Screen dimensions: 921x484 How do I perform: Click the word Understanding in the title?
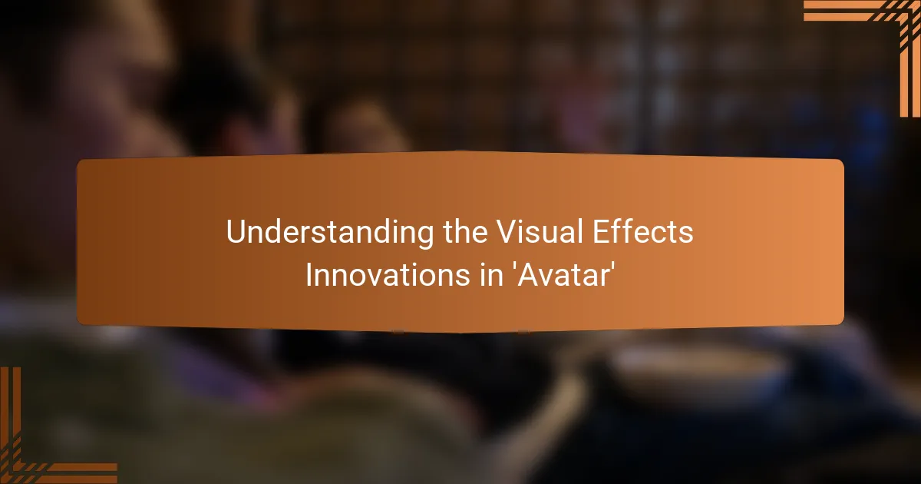(330, 233)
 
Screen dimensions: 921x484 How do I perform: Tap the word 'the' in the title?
(465, 231)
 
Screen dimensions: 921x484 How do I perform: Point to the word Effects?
(642, 231)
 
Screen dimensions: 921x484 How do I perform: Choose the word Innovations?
(388, 275)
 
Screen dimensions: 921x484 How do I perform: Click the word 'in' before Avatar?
(491, 275)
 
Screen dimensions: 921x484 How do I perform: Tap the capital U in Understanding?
(236, 231)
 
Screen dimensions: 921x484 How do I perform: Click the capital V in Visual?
(507, 231)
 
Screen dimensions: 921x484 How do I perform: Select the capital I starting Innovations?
(309, 275)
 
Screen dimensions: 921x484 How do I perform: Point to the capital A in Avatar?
(528, 275)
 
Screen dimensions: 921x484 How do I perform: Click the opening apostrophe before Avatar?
(513, 267)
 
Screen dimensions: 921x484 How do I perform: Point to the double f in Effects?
(623, 231)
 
